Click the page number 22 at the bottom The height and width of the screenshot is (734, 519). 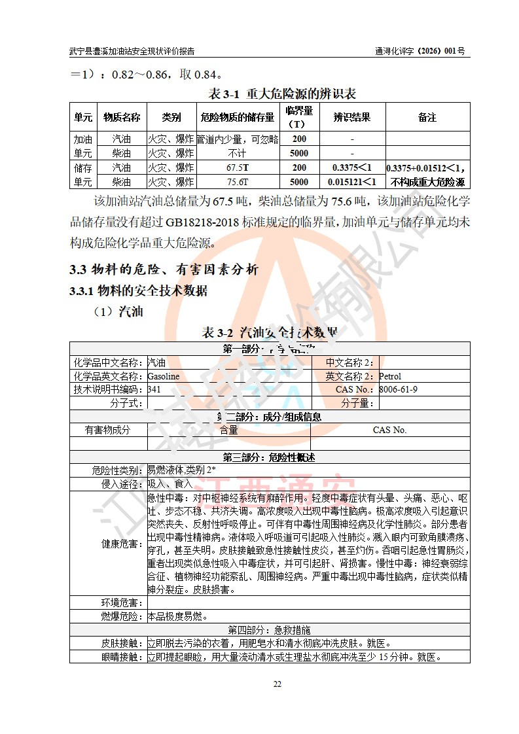pos(277,684)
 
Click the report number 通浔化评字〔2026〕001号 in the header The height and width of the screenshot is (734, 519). pos(420,50)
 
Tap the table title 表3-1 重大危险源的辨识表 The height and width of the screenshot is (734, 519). pos(281,94)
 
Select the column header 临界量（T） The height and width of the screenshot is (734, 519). pos(299,117)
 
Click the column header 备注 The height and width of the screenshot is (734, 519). pos(427,118)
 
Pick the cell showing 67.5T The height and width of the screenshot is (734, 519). pos(238,167)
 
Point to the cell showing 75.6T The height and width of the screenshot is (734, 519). pos(238,182)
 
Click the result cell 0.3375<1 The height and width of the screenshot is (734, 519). pos(351,167)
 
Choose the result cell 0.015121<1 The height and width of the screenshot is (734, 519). pos(351,182)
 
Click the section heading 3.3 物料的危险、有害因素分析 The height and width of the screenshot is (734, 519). pos(164,270)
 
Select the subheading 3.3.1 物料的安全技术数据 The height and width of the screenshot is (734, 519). pos(139,290)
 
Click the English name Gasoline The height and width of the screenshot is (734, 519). pos(163,376)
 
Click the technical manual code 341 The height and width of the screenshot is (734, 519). pos(154,389)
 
